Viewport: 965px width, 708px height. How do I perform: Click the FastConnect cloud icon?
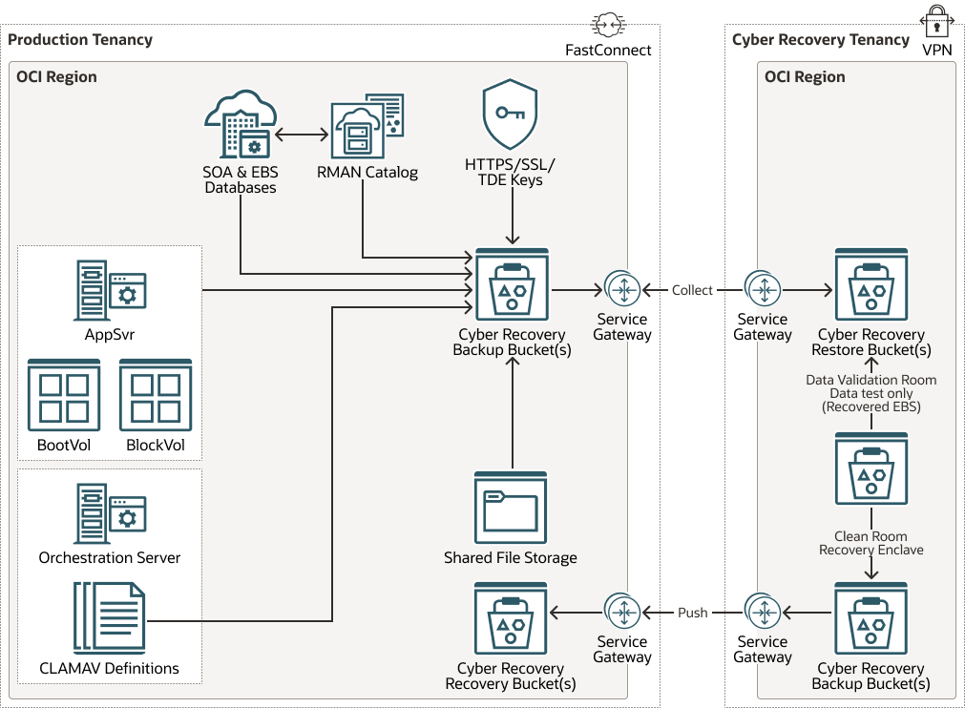click(608, 25)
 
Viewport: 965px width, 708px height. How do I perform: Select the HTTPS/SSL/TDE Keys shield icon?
click(510, 115)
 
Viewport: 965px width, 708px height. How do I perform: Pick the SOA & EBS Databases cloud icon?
click(240, 125)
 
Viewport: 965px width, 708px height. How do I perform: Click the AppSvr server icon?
click(110, 290)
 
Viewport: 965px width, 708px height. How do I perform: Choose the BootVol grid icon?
click(64, 395)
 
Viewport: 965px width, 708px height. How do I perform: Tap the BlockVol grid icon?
click(156, 395)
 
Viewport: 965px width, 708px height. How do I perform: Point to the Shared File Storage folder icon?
click(511, 508)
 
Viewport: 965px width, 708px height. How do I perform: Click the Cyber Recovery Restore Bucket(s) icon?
click(871, 286)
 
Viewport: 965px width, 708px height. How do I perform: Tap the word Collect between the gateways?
click(692, 290)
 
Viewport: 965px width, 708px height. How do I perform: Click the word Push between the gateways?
click(692, 613)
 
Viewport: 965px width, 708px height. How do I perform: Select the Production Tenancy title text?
click(80, 40)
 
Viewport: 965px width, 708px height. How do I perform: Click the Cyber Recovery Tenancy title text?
click(820, 40)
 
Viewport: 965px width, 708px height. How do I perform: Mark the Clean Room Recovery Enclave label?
click(871, 543)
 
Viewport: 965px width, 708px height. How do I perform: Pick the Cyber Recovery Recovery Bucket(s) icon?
click(511, 618)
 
